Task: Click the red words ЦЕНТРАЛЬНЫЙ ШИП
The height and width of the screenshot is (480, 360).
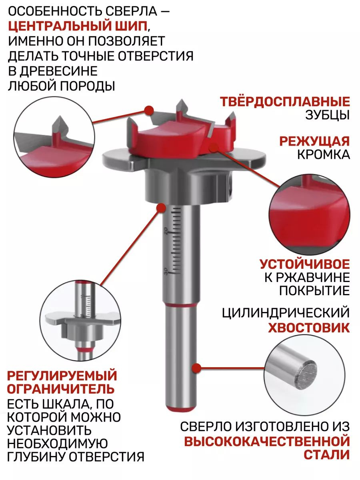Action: (x=78, y=26)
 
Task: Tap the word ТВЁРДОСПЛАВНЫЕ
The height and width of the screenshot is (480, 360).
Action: (x=285, y=102)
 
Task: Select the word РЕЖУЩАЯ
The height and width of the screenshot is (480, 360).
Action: (x=314, y=141)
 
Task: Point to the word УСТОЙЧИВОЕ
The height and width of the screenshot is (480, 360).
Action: (x=305, y=264)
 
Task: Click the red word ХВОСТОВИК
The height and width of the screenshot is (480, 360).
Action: (x=309, y=328)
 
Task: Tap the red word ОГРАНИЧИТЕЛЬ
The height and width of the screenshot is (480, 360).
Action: (x=61, y=389)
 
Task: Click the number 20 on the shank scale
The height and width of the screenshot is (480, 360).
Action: (x=166, y=231)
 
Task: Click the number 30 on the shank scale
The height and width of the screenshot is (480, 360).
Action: (x=166, y=271)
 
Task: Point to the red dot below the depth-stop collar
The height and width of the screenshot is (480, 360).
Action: (x=161, y=208)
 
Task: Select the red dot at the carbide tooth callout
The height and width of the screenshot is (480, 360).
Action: (x=149, y=110)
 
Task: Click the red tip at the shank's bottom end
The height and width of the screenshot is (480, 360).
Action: (x=180, y=408)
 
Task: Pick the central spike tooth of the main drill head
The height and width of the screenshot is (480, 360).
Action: (x=182, y=109)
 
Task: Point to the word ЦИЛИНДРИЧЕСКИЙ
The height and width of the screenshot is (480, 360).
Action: (x=286, y=313)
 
